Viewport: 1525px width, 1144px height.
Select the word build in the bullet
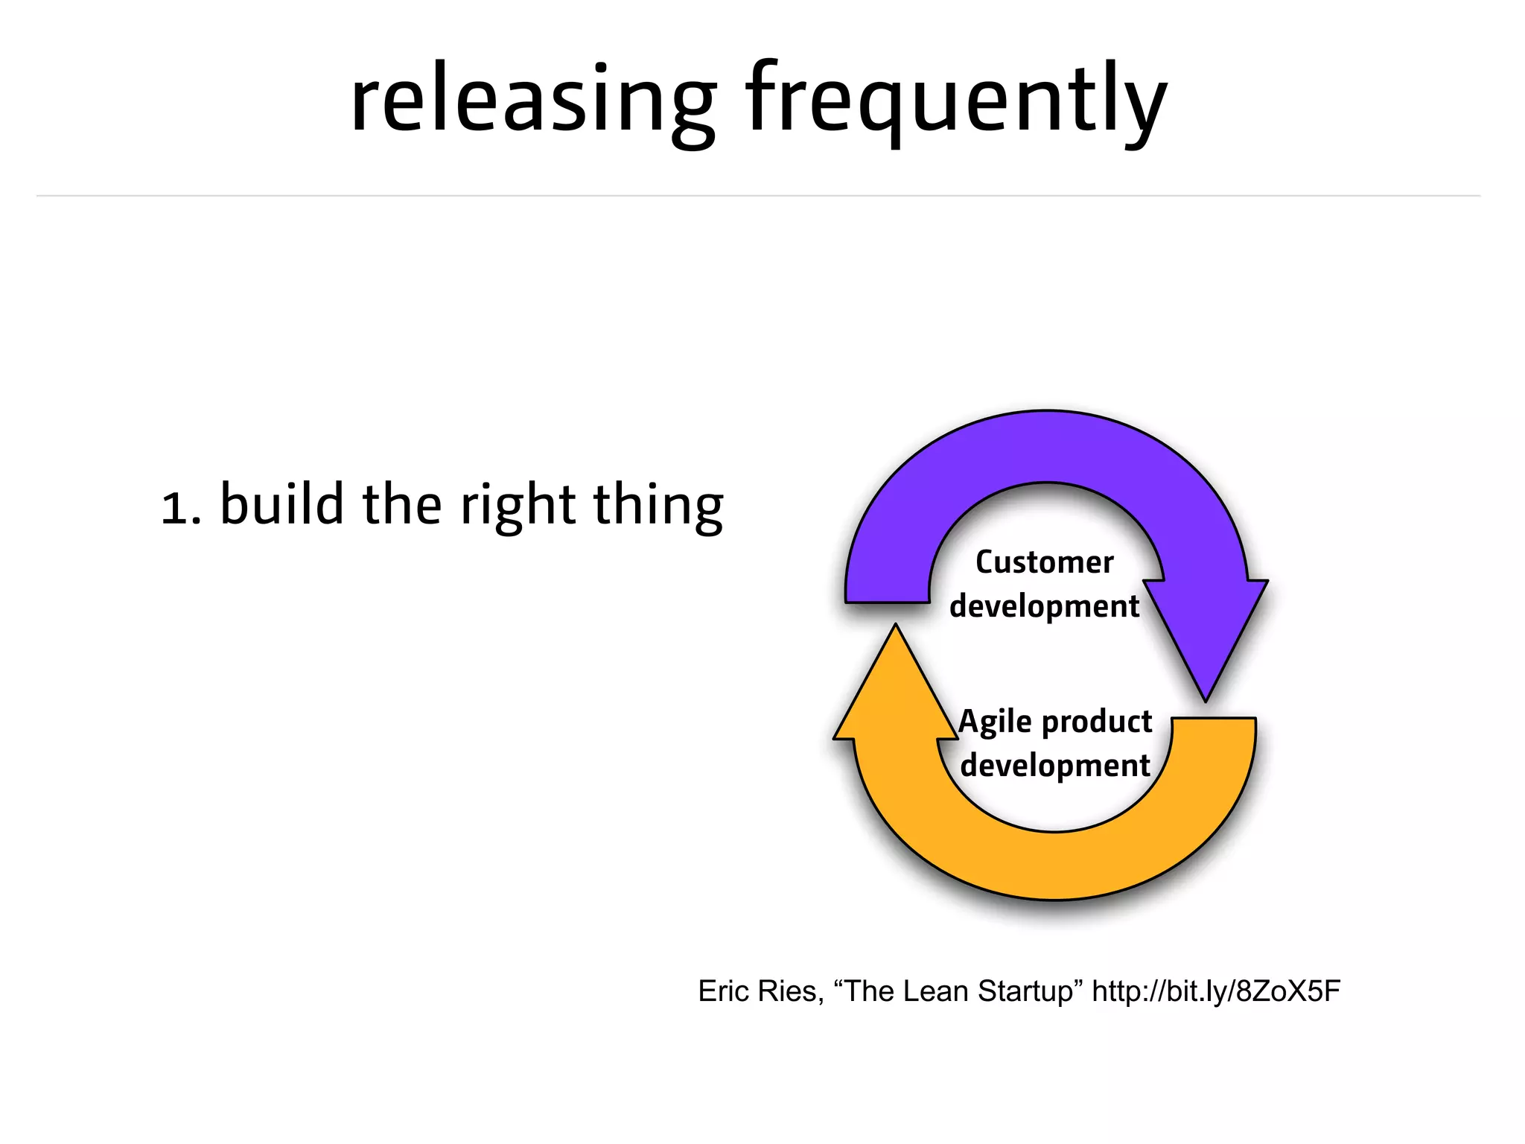282,504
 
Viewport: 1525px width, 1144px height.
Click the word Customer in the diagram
1044,562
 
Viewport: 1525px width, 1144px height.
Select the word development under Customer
1044,606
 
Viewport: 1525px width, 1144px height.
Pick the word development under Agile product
1054,766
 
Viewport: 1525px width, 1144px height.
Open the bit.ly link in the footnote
1215,991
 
